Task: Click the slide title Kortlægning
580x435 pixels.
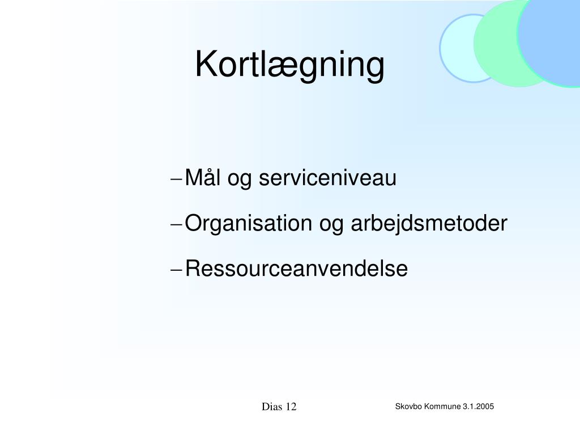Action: [x=289, y=65]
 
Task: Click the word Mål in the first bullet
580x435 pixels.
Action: [x=202, y=177]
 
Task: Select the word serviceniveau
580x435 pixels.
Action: [x=327, y=177]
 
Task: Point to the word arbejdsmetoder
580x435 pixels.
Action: [x=429, y=223]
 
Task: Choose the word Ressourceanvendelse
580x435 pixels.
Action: [x=296, y=268]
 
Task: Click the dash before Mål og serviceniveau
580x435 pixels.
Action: [x=177, y=180]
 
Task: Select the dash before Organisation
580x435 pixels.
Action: [x=177, y=225]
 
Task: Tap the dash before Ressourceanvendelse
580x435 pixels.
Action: [x=177, y=270]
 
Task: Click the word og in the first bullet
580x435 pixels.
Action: [x=239, y=180]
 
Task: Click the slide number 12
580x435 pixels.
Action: [x=291, y=407]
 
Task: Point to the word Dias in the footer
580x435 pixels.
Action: [x=272, y=407]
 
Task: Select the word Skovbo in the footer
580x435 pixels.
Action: [x=408, y=406]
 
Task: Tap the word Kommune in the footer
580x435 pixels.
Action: [x=442, y=406]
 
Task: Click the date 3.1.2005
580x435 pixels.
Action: [x=478, y=406]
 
